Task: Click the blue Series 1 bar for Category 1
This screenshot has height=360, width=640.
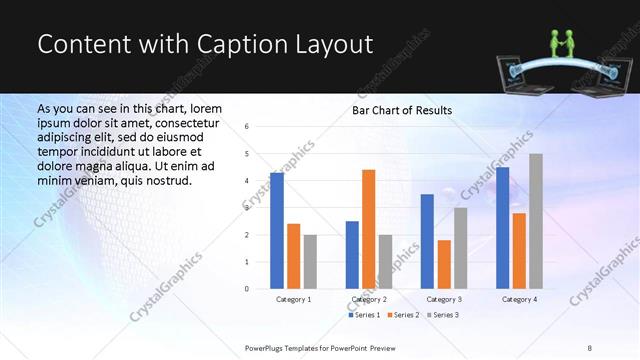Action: pyautogui.click(x=277, y=231)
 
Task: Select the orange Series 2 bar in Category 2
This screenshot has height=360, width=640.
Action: pyautogui.click(x=369, y=229)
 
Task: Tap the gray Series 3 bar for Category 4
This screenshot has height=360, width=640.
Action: pyautogui.click(x=536, y=221)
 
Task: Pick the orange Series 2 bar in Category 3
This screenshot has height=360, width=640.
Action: pyautogui.click(x=444, y=264)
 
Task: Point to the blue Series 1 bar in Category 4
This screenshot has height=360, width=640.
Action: pyautogui.click(x=502, y=228)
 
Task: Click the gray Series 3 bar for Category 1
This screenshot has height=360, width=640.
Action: pyautogui.click(x=310, y=262)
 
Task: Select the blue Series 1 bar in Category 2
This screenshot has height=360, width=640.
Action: pyautogui.click(x=352, y=255)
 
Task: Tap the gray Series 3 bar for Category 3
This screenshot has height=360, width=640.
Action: pyautogui.click(x=461, y=248)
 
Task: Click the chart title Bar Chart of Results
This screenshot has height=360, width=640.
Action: pyautogui.click(x=402, y=110)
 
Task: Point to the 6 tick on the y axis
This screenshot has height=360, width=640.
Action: pyautogui.click(x=247, y=127)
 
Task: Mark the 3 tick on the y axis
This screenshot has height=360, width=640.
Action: pyautogui.click(x=247, y=208)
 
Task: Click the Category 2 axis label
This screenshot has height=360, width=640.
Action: pyautogui.click(x=369, y=299)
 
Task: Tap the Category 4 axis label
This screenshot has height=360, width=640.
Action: pyautogui.click(x=519, y=299)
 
